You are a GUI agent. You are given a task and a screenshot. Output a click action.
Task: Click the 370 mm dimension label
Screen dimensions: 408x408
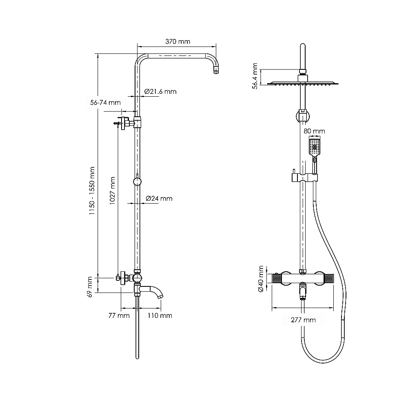click(x=178, y=41)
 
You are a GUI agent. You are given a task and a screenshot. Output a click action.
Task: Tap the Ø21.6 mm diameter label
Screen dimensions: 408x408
click(x=160, y=91)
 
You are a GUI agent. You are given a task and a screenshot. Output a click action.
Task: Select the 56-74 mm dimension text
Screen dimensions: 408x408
click(x=105, y=102)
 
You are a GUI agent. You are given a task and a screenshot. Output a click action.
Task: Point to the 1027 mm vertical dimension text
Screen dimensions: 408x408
click(x=112, y=191)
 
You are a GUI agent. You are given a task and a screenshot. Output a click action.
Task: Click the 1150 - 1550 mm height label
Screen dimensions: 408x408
click(x=92, y=191)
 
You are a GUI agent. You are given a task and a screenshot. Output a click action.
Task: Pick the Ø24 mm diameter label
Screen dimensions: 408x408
click(x=159, y=199)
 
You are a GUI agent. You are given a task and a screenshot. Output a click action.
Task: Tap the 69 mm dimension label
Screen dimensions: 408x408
click(x=89, y=287)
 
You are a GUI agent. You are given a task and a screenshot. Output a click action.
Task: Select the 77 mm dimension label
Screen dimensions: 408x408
click(x=119, y=316)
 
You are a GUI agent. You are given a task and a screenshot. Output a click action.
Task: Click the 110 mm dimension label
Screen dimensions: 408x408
click(x=160, y=316)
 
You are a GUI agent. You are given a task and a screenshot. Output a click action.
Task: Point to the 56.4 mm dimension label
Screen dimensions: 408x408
click(x=255, y=76)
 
